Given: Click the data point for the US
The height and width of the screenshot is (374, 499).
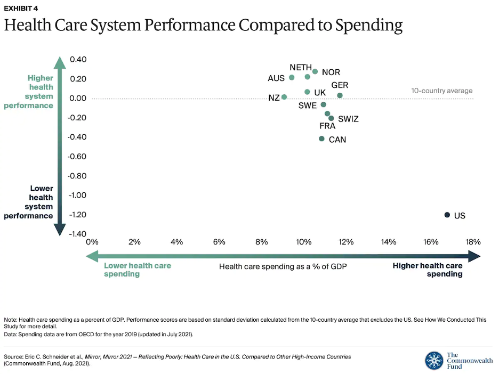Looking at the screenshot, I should click(x=447, y=215).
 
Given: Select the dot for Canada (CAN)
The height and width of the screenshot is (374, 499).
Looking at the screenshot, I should click(x=321, y=139).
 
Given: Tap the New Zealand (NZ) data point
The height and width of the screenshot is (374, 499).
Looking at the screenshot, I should click(x=284, y=97).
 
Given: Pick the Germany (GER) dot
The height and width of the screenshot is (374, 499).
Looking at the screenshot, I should click(x=340, y=95).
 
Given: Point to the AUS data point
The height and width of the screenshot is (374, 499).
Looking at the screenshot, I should click(x=292, y=77).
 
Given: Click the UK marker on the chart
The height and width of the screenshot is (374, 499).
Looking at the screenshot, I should click(x=307, y=92).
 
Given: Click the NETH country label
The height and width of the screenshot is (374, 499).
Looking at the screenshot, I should click(x=301, y=68).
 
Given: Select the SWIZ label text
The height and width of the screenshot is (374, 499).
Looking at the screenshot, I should click(x=348, y=119).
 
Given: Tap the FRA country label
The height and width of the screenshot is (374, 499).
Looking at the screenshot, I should click(x=327, y=126).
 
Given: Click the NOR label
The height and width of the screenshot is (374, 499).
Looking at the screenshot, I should click(x=331, y=72).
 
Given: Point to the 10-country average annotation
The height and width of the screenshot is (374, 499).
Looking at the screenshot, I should click(x=441, y=91).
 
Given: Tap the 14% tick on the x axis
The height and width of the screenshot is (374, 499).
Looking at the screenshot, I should click(x=388, y=241).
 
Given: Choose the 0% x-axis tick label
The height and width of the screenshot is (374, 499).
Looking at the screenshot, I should click(x=92, y=241).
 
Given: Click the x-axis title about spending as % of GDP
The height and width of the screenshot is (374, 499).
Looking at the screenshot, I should click(x=283, y=266).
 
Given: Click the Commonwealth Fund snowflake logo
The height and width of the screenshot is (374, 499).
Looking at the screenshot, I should click(x=434, y=360).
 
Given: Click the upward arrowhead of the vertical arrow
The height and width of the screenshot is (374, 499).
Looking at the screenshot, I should click(x=60, y=62).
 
